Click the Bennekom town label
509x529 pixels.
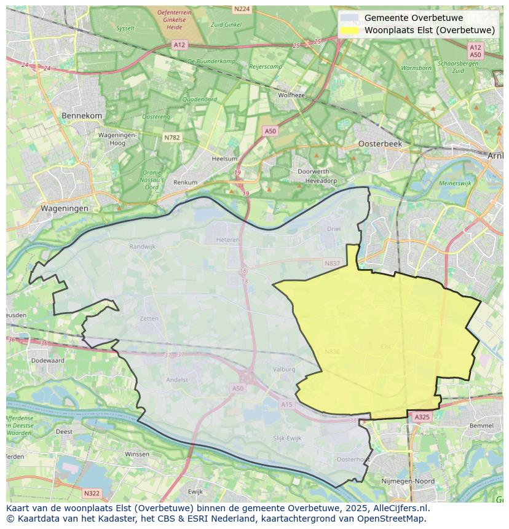point(82,116)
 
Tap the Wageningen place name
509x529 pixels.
point(65,208)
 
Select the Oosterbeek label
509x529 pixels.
point(380,143)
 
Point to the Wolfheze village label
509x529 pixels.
point(291,95)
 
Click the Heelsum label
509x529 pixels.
point(224,159)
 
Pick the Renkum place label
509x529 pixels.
point(186,182)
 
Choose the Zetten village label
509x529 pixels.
point(149,319)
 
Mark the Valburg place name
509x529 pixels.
point(284,369)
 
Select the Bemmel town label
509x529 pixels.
point(481,425)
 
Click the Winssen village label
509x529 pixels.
point(136,454)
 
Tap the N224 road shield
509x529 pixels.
point(242,9)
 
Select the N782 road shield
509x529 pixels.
point(172,138)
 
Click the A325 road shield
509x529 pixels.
point(422,417)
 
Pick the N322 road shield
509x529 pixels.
point(92,493)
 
